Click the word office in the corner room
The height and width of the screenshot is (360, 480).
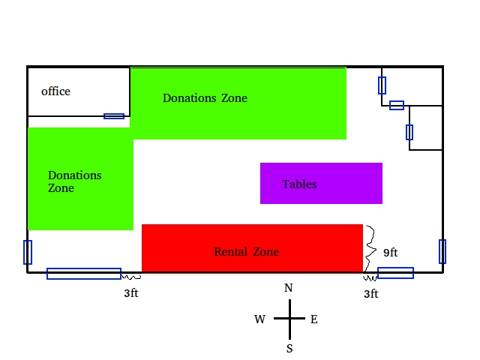(x=55, y=91)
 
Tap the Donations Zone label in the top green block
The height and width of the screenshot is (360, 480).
(x=205, y=98)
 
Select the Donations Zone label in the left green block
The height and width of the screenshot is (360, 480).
(x=74, y=181)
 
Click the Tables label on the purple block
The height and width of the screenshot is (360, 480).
(x=299, y=184)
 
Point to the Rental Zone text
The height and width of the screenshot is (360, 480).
(x=246, y=252)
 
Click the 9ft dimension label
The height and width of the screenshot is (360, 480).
(x=390, y=253)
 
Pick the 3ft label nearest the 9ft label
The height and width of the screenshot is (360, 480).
(x=370, y=294)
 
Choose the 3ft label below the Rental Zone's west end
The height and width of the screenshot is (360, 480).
(x=131, y=293)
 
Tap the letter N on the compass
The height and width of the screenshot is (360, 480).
(x=289, y=288)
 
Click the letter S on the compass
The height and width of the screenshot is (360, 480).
(x=289, y=348)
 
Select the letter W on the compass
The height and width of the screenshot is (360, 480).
(x=260, y=319)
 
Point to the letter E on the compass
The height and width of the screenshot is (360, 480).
(x=314, y=319)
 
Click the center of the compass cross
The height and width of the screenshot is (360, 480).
(x=289, y=319)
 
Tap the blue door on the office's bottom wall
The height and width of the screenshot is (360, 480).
(x=114, y=116)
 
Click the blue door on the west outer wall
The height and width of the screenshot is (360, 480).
(x=28, y=252)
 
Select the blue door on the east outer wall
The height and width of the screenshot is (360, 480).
(x=442, y=251)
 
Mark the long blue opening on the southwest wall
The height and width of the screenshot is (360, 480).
(x=84, y=274)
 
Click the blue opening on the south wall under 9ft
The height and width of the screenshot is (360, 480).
(x=395, y=273)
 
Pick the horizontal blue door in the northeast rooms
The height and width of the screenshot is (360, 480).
(x=397, y=105)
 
